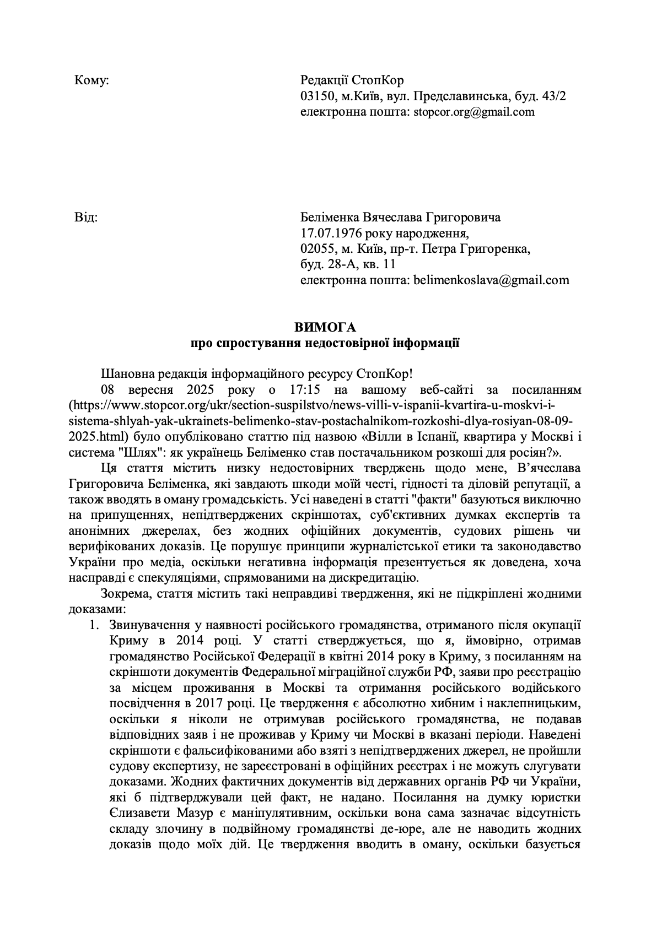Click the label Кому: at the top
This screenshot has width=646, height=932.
pyautogui.click(x=91, y=80)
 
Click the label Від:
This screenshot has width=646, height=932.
pyautogui.click(x=86, y=217)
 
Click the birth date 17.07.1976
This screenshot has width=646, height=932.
pyautogui.click(x=327, y=233)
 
